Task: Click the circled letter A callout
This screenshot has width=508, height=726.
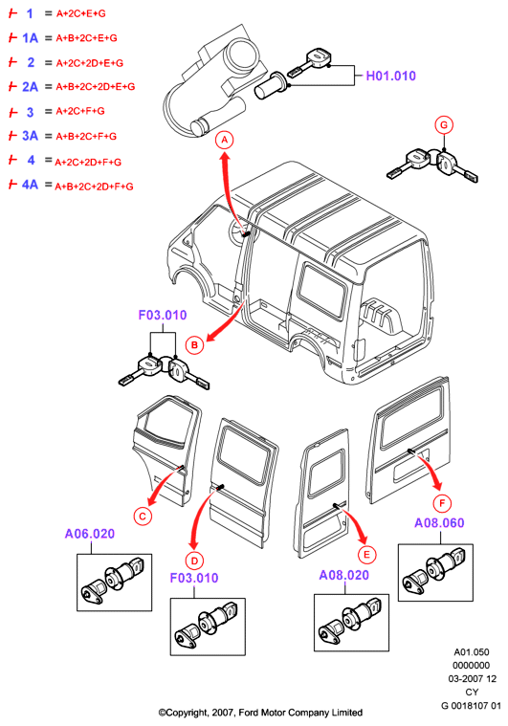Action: pos(225,140)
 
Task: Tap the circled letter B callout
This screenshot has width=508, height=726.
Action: pos(194,345)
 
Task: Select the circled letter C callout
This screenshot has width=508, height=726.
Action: pos(143,517)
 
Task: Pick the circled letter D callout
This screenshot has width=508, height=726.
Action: pos(194,561)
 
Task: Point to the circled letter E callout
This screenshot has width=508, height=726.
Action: pos(367,555)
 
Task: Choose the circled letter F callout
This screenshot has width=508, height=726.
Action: pos(442,503)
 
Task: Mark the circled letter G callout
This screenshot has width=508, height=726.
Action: pos(444,125)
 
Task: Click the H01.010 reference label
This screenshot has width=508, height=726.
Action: pos(391,76)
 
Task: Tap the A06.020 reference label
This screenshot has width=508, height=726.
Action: pos(90,534)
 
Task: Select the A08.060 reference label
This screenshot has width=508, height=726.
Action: pos(439,523)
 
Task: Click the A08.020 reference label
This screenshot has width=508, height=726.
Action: pos(344,575)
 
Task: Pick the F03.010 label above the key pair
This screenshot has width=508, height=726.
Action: pos(163,316)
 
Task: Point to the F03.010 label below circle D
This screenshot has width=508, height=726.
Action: pos(194,578)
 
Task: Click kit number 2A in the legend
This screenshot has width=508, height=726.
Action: pos(30,87)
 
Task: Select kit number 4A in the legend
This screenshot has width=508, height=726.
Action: pos(30,185)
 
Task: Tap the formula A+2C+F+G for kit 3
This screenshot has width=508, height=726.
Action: pos(80,111)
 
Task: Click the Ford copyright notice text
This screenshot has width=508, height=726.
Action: pos(260,713)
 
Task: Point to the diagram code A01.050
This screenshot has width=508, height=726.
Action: pos(472,652)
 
